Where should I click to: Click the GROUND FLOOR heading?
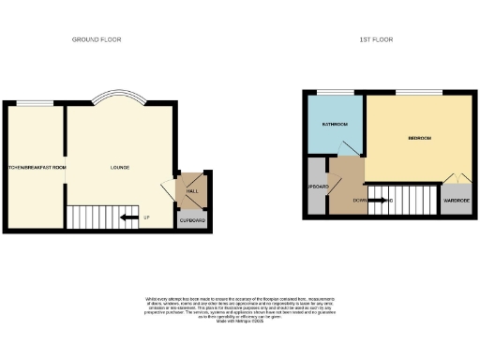pos(97,39)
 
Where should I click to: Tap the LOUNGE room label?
pos(119,168)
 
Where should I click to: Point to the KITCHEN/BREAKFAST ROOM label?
pos(34,168)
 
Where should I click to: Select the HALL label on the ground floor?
pos(191,190)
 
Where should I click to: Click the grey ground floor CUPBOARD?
pos(191,220)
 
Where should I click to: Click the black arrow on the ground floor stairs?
pos(129,219)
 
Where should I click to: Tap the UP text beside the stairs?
pos(147,219)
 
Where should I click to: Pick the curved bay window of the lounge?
pos(119,97)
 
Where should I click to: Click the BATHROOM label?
pos(336,124)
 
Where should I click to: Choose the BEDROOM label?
pos(418,138)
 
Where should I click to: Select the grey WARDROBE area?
pos(457,201)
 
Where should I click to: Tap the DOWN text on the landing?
pos(360,201)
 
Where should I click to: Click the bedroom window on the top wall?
pos(412,91)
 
